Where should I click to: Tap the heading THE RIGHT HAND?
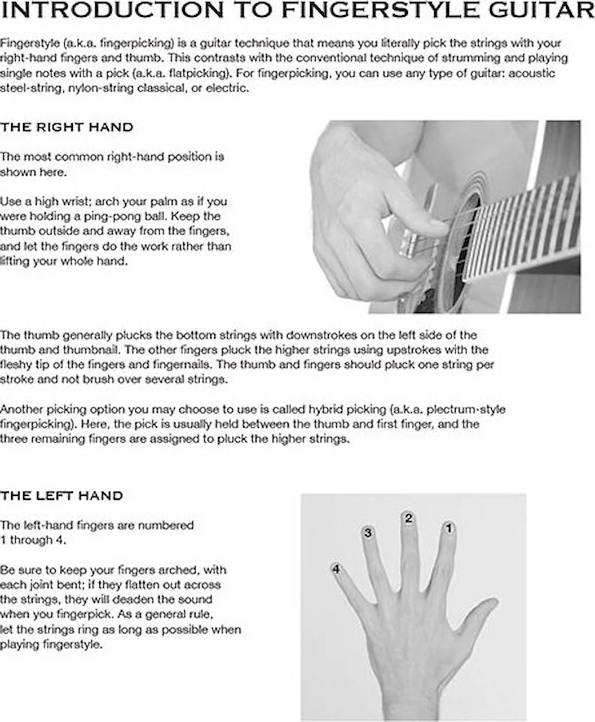coord(67,127)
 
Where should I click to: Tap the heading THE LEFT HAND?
coord(61,496)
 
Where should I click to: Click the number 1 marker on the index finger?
coord(449,529)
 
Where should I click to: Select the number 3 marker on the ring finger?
coord(368,532)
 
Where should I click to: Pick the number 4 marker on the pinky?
coord(336,569)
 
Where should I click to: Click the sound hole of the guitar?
coord(462,237)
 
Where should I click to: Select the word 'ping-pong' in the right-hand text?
coord(159,217)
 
